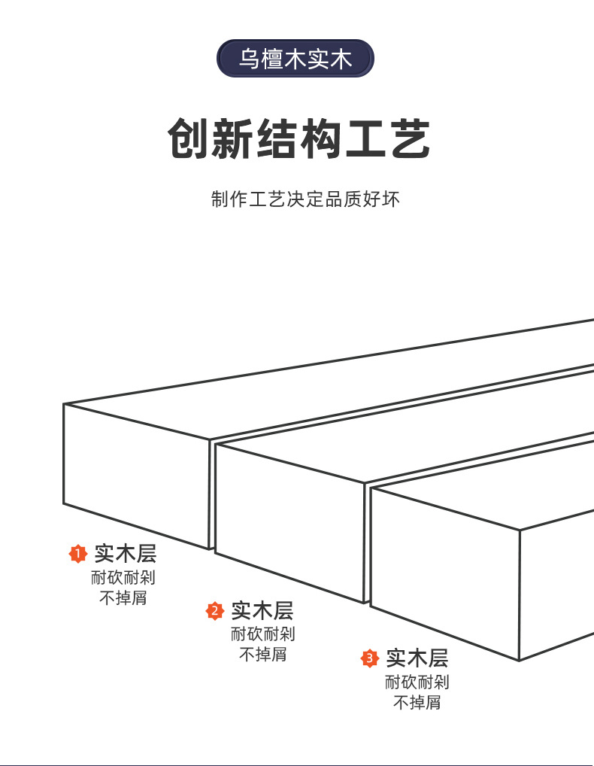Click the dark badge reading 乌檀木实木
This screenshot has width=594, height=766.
coord(295,59)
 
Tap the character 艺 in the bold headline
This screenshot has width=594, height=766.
coord(410,139)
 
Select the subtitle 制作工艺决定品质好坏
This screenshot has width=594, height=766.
coord(305,199)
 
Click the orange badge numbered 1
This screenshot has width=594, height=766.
coord(78,555)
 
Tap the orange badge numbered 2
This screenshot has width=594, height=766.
coord(216,610)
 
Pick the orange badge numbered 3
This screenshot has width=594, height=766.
coord(369,659)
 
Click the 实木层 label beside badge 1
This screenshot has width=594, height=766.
coord(125,555)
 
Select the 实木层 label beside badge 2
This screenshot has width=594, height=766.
coord(262,610)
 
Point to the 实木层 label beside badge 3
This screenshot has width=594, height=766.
coord(417,659)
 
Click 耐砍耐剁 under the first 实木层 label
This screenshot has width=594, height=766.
coord(123,578)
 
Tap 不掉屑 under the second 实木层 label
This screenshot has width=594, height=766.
coord(262,654)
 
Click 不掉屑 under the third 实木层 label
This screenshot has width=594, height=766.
coord(417,702)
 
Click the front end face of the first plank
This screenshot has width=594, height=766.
coord(135,474)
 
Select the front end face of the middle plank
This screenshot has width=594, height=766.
coord(289,521)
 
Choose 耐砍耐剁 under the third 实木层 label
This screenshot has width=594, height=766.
coord(417,682)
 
